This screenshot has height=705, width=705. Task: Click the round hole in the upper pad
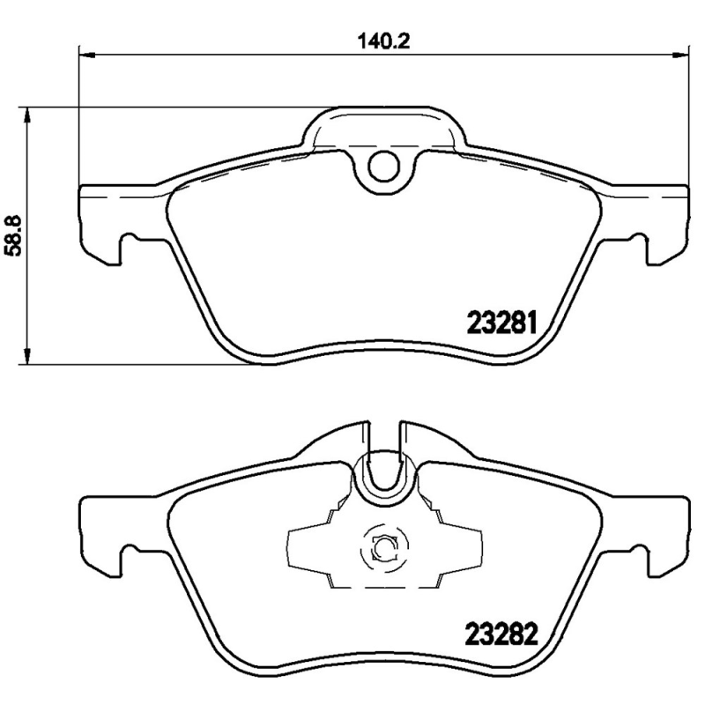coord(383,164)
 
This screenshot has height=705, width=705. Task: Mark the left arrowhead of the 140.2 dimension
coord(86,55)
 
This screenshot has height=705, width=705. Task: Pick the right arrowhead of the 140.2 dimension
coord(679,55)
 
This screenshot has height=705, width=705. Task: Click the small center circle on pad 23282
coord(383,548)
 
